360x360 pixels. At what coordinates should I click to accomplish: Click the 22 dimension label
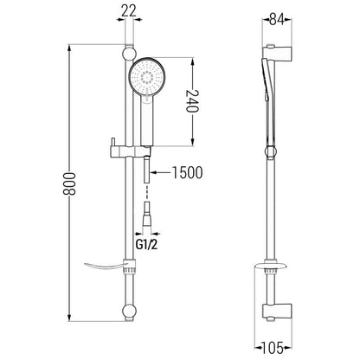[x=129, y=11]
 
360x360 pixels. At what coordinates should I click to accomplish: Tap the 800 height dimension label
[x=69, y=183]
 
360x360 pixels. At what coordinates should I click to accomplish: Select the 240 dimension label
[x=192, y=100]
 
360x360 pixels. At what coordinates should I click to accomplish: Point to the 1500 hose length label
[x=187, y=172]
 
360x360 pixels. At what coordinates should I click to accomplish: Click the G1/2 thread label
[x=147, y=245]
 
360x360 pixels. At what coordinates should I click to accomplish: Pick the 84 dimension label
[x=277, y=19]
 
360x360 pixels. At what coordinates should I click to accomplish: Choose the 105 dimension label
[x=273, y=348]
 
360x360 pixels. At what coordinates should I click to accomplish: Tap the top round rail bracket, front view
[x=129, y=54]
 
